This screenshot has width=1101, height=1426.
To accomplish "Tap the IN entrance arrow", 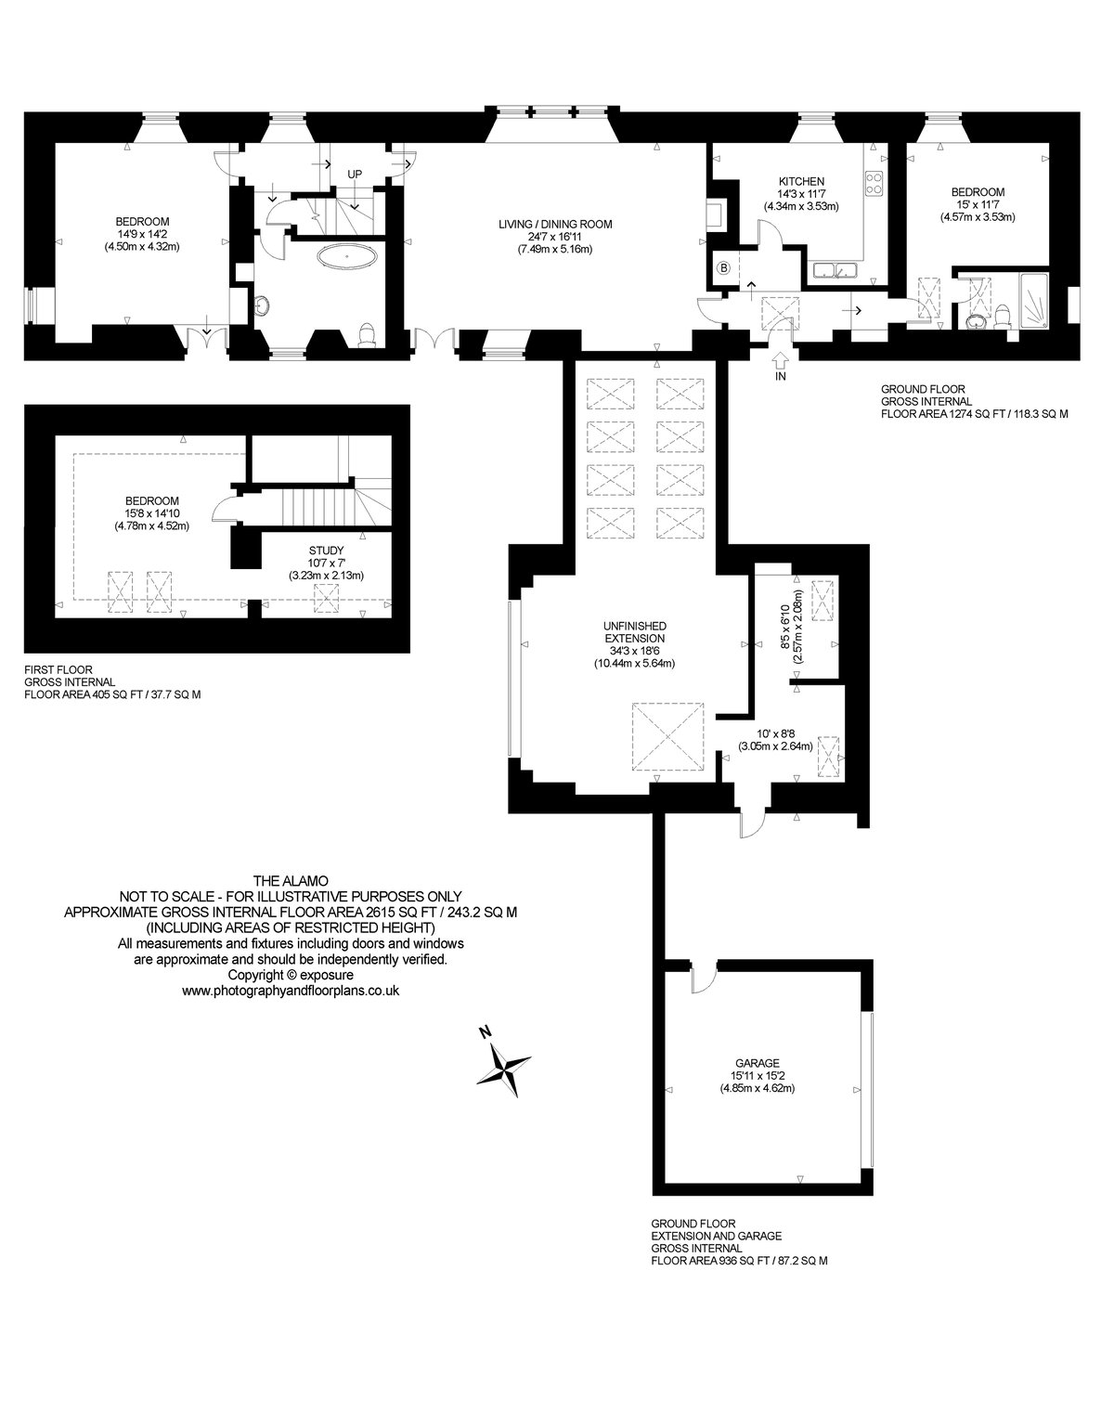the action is pyautogui.click(x=780, y=360).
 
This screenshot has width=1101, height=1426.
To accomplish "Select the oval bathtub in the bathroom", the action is pyautogui.click(x=347, y=256).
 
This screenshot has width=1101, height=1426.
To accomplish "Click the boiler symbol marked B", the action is pyautogui.click(x=724, y=267).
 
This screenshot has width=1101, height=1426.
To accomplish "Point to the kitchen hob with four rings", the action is pyautogui.click(x=874, y=183).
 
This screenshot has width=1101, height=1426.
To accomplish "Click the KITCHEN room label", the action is pyautogui.click(x=801, y=181).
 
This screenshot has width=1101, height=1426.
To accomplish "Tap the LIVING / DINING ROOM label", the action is pyautogui.click(x=555, y=225).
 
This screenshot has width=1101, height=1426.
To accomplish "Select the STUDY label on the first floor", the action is pyautogui.click(x=326, y=551).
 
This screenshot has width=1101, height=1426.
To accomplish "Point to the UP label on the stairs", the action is pyautogui.click(x=355, y=175).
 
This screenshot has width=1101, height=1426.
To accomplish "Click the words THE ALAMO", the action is pyautogui.click(x=291, y=881).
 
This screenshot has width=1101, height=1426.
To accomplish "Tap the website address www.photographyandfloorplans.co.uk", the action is pyautogui.click(x=291, y=992).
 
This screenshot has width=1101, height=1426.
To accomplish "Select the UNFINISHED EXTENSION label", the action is pyautogui.click(x=634, y=632).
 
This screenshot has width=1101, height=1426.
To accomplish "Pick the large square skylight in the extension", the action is pyautogui.click(x=667, y=736).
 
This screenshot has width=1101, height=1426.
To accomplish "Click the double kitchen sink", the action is pyautogui.click(x=834, y=270).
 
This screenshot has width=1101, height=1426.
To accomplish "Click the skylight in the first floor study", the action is pyautogui.click(x=326, y=598).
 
